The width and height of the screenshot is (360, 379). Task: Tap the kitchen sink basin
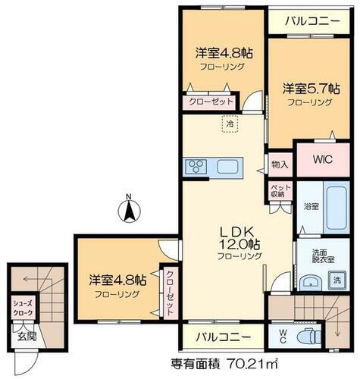pos(227,166)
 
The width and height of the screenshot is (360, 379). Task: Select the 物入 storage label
pos(279,164)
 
